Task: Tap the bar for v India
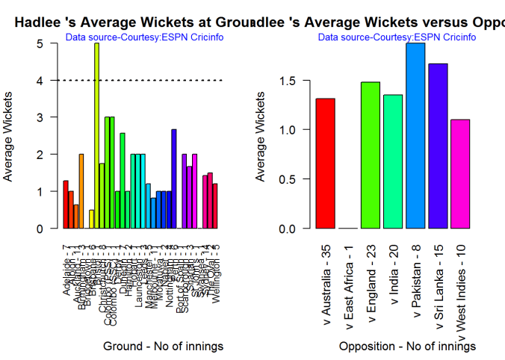(393, 161)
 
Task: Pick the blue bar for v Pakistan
(415, 135)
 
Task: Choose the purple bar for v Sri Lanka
(438, 146)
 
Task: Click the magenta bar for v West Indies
(460, 173)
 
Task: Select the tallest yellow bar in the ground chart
(96, 134)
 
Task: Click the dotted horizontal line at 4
(164, 80)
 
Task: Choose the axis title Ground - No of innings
(163, 347)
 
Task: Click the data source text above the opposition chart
(397, 37)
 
